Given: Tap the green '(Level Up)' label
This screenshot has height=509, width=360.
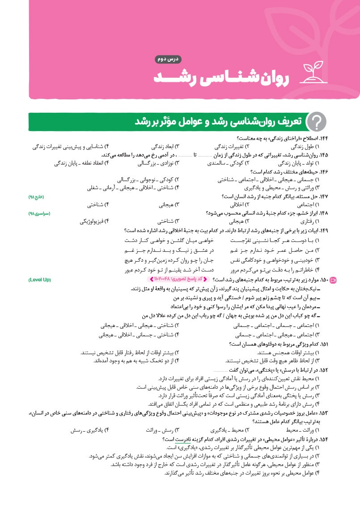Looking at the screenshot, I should coord(39,280).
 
